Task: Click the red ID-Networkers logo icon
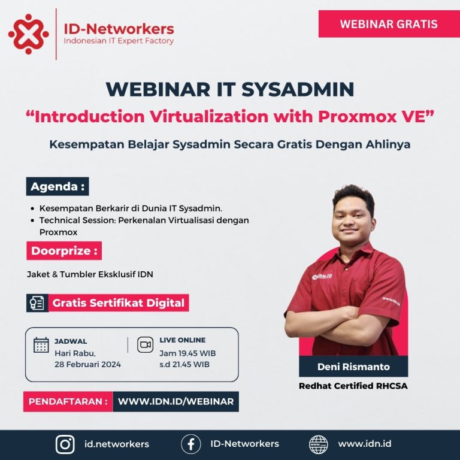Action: [29, 34]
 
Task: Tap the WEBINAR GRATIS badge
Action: [388, 25]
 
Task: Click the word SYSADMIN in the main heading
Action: [298, 89]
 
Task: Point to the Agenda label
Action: [57, 186]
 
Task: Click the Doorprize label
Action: [64, 250]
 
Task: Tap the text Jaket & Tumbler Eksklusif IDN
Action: [90, 275]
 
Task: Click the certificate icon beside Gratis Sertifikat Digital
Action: [38, 303]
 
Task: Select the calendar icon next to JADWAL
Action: [41, 345]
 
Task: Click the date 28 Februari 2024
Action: [87, 364]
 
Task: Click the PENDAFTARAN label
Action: [68, 401]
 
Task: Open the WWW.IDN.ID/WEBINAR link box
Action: [175, 401]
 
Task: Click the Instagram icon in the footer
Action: [65, 444]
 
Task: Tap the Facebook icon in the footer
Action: [190, 444]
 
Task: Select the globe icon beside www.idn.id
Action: [319, 444]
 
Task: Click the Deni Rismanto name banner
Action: [353, 367]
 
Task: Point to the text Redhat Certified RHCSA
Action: [353, 386]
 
